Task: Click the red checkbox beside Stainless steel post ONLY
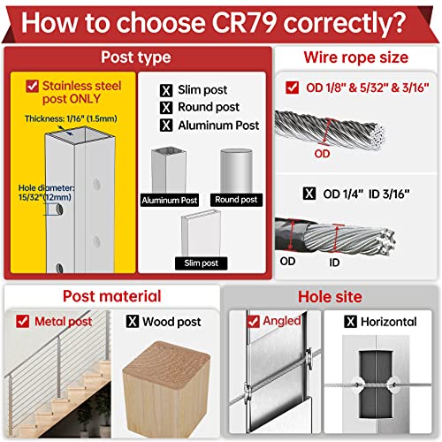coord(32,86)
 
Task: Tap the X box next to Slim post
coord(166,90)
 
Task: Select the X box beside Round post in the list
coord(166,108)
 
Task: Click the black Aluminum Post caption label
coord(170,201)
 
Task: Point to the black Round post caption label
coord(236,200)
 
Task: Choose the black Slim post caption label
coord(201,263)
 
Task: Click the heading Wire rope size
coord(356,57)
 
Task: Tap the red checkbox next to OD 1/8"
coord(292,88)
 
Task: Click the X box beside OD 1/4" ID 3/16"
coord(309,194)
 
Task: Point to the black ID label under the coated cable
coord(334,263)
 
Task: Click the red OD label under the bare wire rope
coord(322,154)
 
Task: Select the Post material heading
coord(112,296)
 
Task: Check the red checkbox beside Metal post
coord(23,321)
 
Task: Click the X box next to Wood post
coord(133,321)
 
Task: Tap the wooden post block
coord(166,390)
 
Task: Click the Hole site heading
coord(330,297)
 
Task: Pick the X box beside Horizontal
coord(351,322)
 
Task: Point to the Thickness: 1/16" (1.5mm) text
coord(71,118)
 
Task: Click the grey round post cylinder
coord(236,171)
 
